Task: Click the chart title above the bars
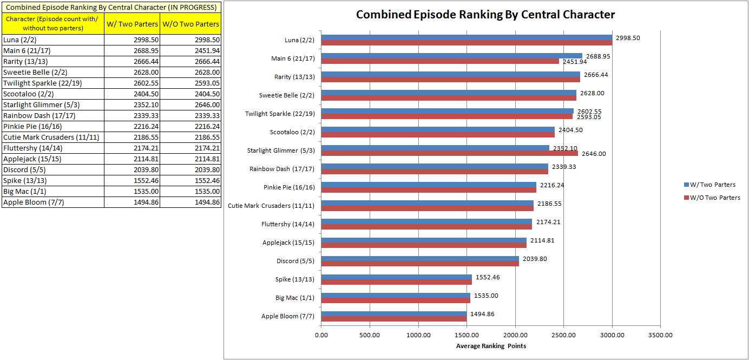coord(485,15)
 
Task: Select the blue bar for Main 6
coord(451,56)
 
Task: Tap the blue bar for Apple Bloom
coord(393,313)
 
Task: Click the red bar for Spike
coord(396,282)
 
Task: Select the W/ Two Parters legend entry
coord(709,185)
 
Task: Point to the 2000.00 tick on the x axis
coord(515,335)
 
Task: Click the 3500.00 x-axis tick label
coord(660,335)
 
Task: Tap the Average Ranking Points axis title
coord(491,346)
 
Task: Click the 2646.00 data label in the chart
coord(594,154)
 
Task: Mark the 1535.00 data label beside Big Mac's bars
coord(487,296)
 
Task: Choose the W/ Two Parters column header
coord(132,24)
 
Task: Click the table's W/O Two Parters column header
coord(191,24)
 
